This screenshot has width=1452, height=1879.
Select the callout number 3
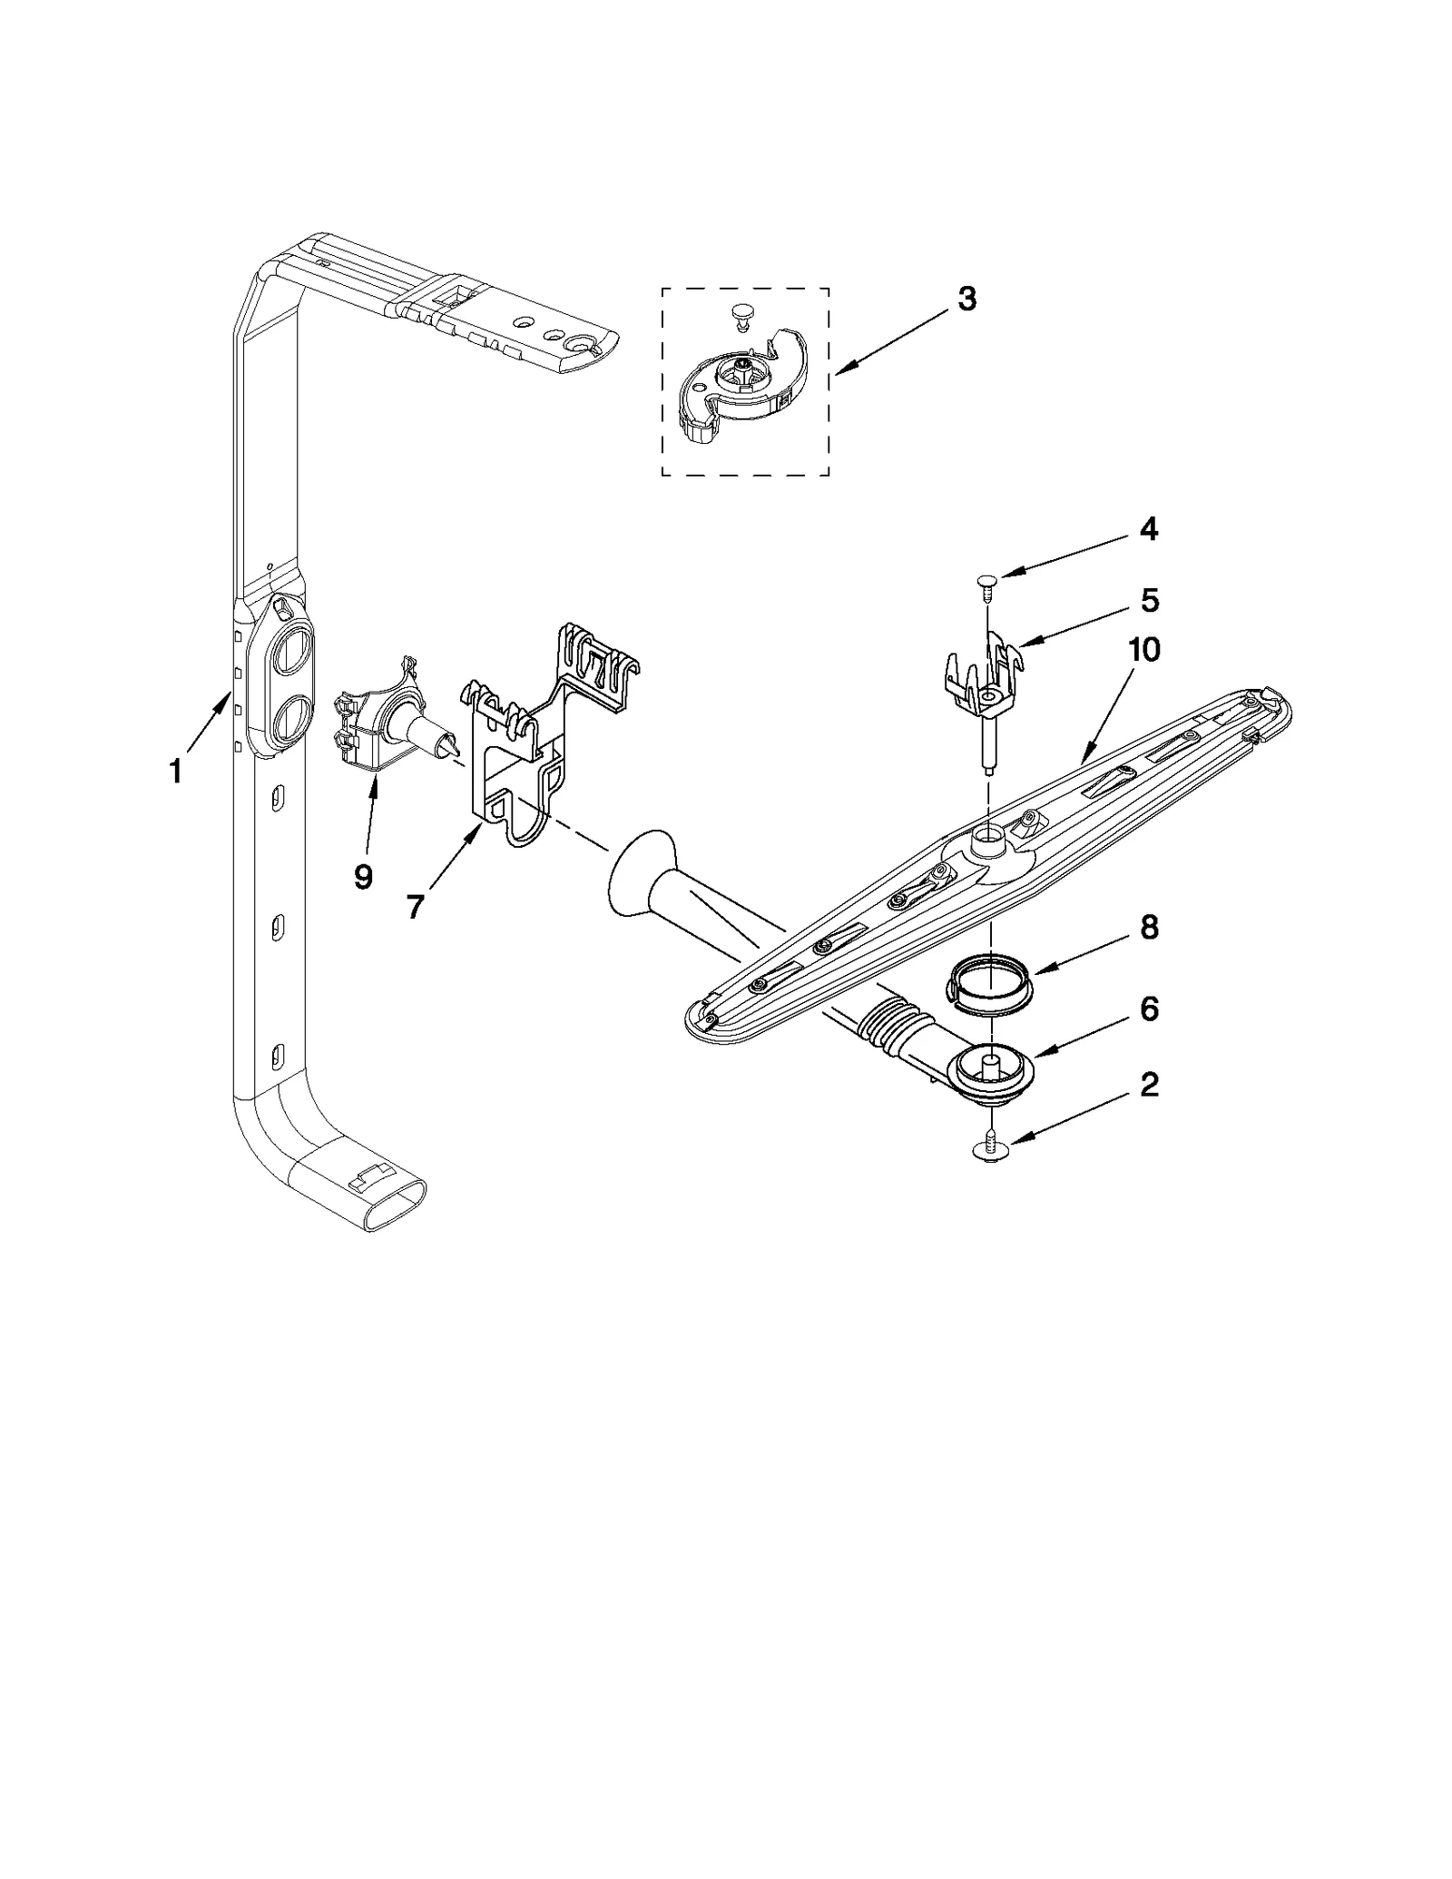tap(966, 299)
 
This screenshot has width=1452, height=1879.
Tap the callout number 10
tap(1143, 650)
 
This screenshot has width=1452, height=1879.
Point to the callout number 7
tap(416, 905)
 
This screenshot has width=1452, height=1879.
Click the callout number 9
tap(363, 876)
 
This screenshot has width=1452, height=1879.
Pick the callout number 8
tap(1149, 928)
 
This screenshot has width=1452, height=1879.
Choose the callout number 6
tap(1149, 1008)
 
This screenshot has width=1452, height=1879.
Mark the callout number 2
tap(1149, 1084)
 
